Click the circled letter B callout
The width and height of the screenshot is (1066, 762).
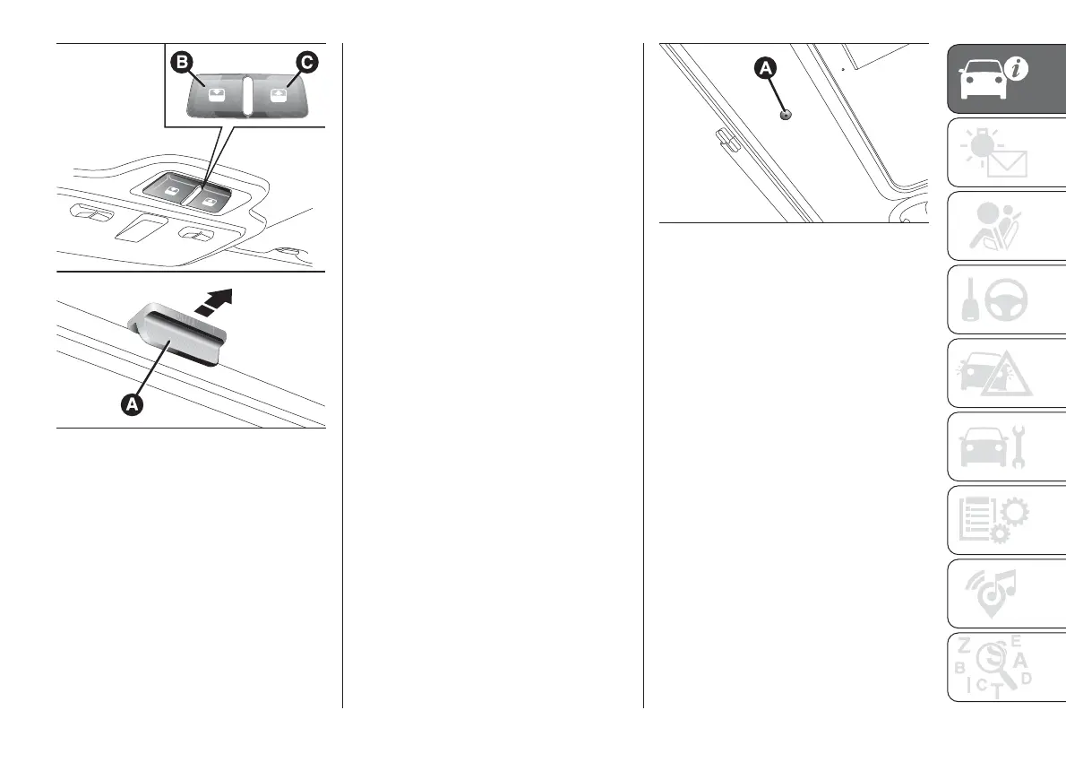coord(183,63)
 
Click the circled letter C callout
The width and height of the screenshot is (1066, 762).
coord(306,63)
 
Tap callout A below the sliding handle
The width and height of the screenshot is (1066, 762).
coord(132,405)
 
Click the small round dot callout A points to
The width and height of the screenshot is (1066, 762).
coord(786,115)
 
